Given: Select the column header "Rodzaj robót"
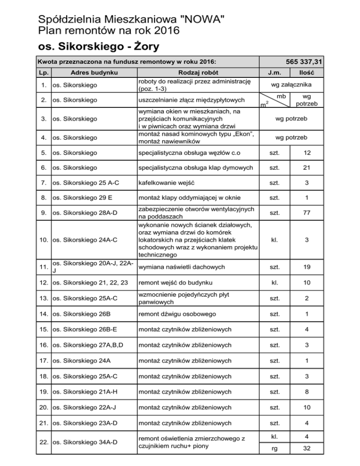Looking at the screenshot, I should (x=198, y=73).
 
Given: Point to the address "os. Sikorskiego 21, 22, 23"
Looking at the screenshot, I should (x=90, y=283).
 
